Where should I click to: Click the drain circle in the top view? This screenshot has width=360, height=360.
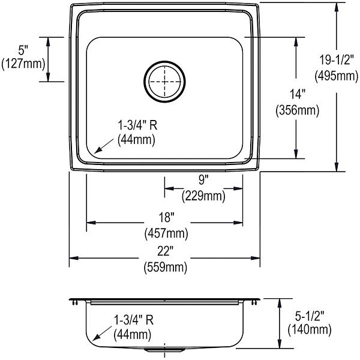tap(164, 62)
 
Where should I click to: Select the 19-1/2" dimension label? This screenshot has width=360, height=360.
tap(337, 61)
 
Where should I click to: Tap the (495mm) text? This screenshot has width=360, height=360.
tap(337, 76)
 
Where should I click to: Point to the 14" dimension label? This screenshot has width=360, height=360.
tap(298, 94)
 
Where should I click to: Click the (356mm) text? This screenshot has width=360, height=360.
tap(298, 110)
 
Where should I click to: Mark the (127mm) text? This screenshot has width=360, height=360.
tap(23, 64)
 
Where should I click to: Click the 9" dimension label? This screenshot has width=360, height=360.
tap(203, 179)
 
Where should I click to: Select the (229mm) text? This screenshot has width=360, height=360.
tap(203, 196)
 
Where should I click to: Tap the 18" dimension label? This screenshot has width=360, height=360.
tap(166, 217)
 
